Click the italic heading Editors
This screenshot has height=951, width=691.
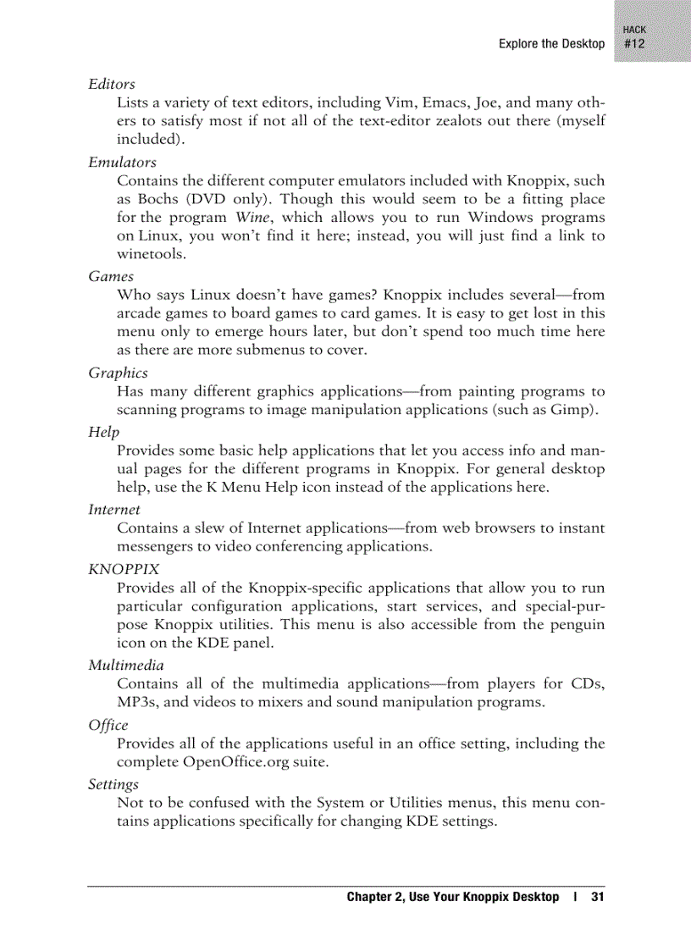[x=111, y=85]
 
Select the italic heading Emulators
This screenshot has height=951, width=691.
[x=122, y=162]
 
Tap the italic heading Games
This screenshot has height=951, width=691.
[x=110, y=276]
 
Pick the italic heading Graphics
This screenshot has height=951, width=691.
[x=118, y=373]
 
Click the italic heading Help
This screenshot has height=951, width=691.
[x=103, y=432]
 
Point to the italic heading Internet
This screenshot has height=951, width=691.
[x=114, y=509]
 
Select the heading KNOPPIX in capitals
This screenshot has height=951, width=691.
[x=124, y=568]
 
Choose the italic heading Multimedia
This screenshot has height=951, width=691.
[x=126, y=665]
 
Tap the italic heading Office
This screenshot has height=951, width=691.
[x=108, y=725]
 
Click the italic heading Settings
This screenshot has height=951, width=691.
[x=113, y=784]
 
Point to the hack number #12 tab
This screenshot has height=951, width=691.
[x=634, y=44]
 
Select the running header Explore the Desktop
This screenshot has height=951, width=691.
[x=551, y=44]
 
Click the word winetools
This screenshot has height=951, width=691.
[x=152, y=254]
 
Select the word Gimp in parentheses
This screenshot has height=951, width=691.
[x=576, y=411]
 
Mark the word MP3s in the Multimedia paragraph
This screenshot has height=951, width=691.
[x=136, y=702]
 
